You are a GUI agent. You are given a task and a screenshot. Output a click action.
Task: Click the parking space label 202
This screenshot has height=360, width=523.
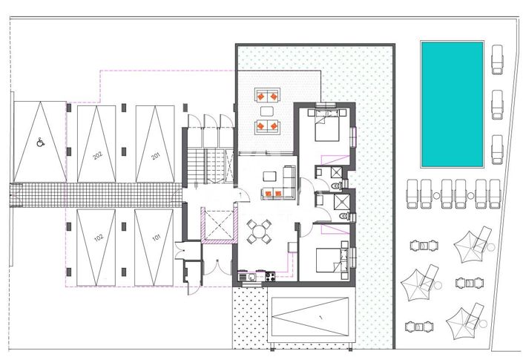pos(97,156)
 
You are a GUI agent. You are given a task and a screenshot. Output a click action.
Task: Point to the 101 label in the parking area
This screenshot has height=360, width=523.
pos(156,238)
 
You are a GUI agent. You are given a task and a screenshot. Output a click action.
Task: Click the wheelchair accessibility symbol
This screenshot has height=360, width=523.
pos(39,138)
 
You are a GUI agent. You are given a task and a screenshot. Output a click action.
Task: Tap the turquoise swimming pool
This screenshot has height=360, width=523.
pos(453,103)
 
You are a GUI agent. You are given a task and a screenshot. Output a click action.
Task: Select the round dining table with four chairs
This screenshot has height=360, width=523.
pos(258,232)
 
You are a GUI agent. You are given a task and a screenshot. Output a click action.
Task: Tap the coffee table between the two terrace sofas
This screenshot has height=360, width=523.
pos(266,111)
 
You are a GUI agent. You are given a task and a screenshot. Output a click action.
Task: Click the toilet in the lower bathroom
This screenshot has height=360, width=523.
pos(338,216)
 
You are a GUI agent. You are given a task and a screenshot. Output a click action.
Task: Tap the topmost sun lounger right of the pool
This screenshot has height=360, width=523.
pos(497,58)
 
